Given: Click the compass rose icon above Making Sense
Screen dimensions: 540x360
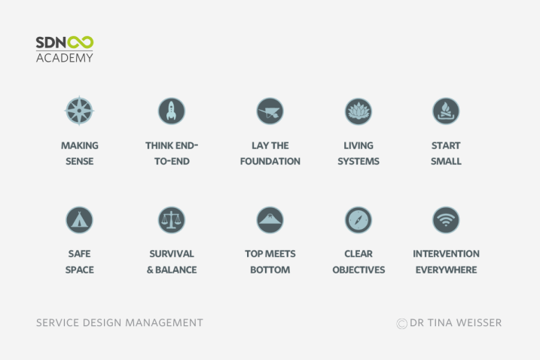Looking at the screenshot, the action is [x=80, y=111].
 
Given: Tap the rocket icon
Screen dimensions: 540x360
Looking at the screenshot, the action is [x=172, y=111].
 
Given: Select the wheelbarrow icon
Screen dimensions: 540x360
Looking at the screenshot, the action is [x=270, y=111].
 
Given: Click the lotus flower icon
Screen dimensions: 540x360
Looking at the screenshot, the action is [x=358, y=111].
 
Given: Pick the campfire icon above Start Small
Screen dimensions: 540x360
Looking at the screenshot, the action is [x=446, y=111].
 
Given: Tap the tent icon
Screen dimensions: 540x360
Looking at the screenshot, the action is [x=80, y=220].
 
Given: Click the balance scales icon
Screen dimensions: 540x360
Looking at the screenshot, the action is [x=172, y=220].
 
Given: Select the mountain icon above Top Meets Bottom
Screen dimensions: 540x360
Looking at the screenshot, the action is [x=270, y=220].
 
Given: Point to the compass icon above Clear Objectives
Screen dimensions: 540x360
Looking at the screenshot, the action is [x=358, y=220].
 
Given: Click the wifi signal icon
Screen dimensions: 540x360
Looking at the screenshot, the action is [x=446, y=220].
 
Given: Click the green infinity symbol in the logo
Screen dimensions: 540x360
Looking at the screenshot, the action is [x=81, y=42].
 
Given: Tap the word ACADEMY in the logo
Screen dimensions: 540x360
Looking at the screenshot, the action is [x=65, y=58].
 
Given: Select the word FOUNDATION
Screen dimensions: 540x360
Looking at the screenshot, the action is [x=270, y=161].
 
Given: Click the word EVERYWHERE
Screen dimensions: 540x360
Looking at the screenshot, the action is [x=446, y=270].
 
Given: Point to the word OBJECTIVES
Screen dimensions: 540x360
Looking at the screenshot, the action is [x=358, y=270].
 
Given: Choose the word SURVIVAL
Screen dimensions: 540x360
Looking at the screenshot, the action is [x=172, y=254].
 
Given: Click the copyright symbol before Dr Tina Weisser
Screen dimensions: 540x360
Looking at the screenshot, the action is [x=402, y=324].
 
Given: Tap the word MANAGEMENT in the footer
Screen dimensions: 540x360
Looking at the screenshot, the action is [x=164, y=323].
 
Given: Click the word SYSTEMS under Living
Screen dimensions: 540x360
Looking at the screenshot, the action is [x=358, y=161].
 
